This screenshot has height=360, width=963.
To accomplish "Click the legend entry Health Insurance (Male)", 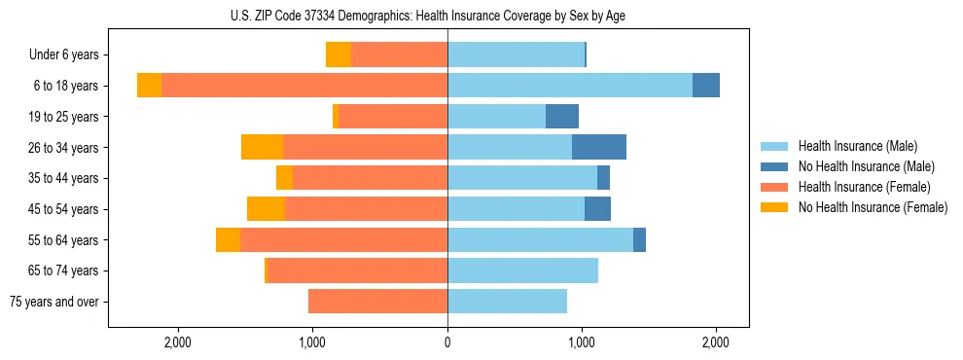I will tap(857, 146).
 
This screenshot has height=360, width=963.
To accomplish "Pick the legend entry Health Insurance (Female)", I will tap(864, 187).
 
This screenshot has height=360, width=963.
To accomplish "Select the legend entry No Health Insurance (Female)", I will tap(873, 207).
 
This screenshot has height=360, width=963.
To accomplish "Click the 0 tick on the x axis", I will tap(447, 342).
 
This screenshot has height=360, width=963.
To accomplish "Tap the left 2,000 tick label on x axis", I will tap(178, 342).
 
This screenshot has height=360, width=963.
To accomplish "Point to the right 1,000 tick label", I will tap(582, 342).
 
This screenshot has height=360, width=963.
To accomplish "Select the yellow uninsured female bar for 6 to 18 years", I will tap(149, 86).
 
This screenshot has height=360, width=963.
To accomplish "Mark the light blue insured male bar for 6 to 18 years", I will tap(570, 86).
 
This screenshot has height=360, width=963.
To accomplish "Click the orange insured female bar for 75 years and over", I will tap(377, 302).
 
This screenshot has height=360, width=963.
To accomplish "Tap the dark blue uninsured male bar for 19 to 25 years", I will tap(562, 117).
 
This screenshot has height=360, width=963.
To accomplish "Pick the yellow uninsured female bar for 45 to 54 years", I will tap(266, 209).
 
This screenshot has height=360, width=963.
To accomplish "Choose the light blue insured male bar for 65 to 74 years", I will tap(522, 270).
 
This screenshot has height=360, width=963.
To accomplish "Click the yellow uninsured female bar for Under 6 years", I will tap(339, 54).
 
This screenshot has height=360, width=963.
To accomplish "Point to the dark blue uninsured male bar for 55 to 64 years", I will tap(639, 239).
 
